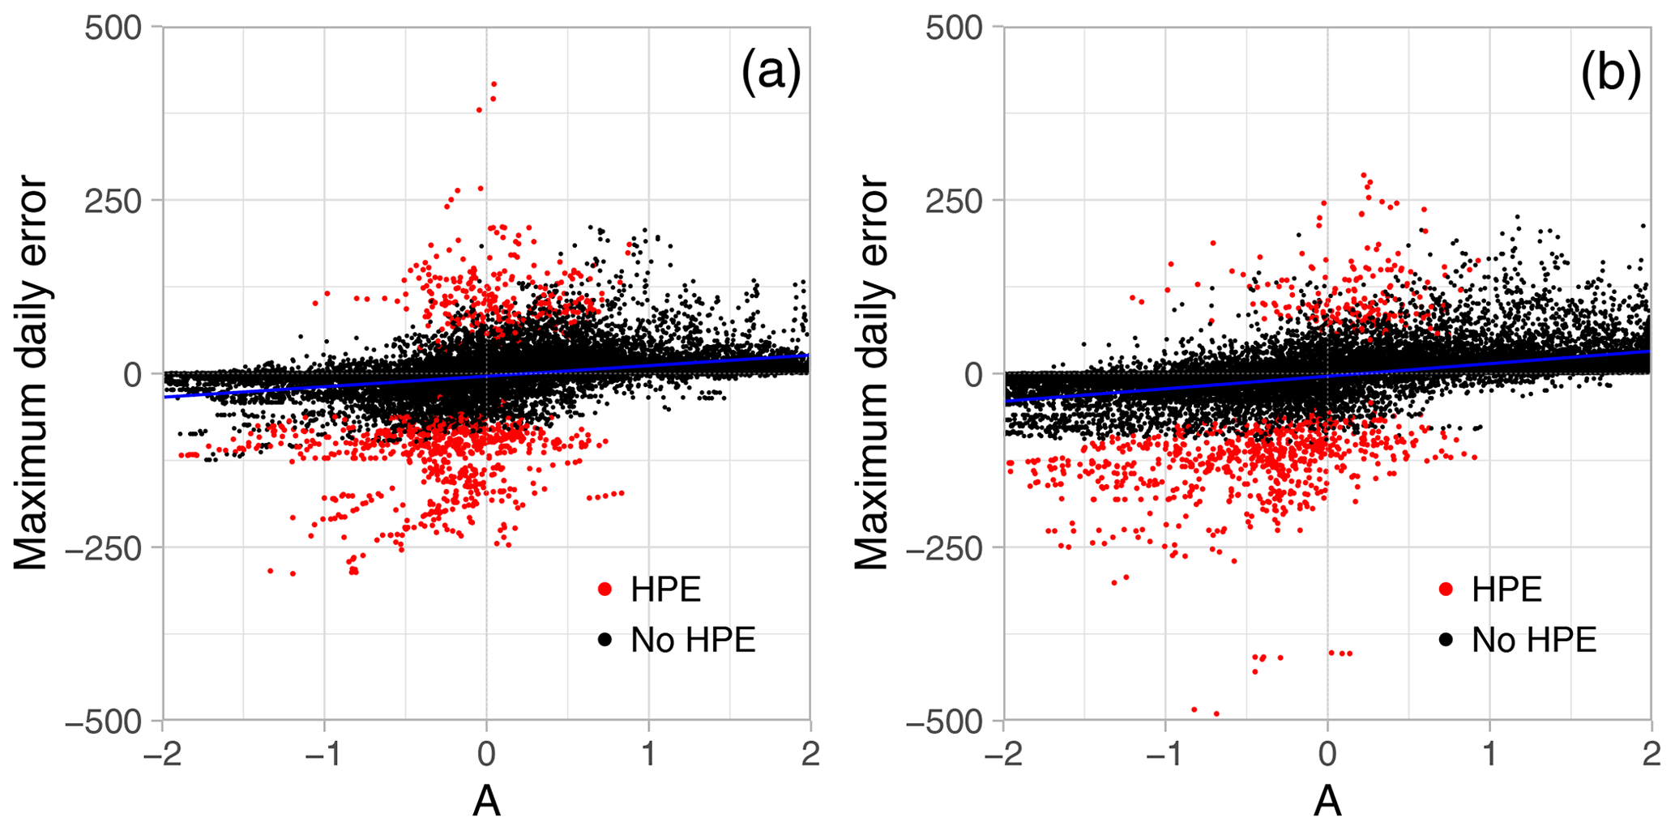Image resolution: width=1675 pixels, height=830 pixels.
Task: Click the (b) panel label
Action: pyautogui.click(x=1611, y=74)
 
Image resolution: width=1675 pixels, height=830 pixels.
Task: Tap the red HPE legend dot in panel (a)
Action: pyautogui.click(x=605, y=590)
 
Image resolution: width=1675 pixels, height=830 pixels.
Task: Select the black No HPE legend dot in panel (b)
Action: pyautogui.click(x=1446, y=640)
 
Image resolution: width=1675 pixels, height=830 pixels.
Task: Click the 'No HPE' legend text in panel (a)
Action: pyautogui.click(x=693, y=640)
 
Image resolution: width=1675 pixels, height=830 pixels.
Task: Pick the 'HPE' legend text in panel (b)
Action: pyautogui.click(x=1506, y=590)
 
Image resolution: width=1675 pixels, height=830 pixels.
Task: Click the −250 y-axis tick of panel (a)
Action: pyautogui.click(x=109, y=547)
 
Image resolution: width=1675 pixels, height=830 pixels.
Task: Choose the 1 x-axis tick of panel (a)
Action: pyautogui.click(x=648, y=755)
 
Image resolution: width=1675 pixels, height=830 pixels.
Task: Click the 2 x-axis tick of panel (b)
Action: pyautogui.click(x=1651, y=755)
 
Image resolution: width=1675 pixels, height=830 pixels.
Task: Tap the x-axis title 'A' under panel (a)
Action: pyautogui.click(x=486, y=801)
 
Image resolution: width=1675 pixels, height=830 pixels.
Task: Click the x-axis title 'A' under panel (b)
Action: pyautogui.click(x=1327, y=801)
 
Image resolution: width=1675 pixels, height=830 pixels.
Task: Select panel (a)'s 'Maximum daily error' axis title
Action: pyautogui.click(x=31, y=372)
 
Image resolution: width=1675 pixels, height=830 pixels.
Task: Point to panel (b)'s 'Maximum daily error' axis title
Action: pyautogui.click(x=872, y=372)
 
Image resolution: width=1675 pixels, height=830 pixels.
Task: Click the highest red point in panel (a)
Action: pyautogui.click(x=494, y=84)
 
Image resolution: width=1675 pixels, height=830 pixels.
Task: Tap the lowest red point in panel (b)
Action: pyautogui.click(x=1216, y=713)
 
